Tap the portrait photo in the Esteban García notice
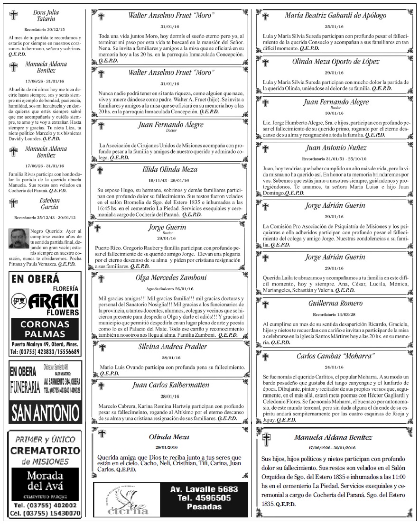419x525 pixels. [18, 238]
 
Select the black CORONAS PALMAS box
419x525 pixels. [45, 329]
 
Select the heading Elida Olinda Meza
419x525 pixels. [170, 169]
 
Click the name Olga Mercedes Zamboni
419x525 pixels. [169, 278]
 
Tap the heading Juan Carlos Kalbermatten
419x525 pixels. [170, 385]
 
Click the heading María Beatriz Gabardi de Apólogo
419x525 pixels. [335, 15]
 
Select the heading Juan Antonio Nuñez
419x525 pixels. [335, 147]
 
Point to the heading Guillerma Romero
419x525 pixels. [335, 303]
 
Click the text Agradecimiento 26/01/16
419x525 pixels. [169, 288]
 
